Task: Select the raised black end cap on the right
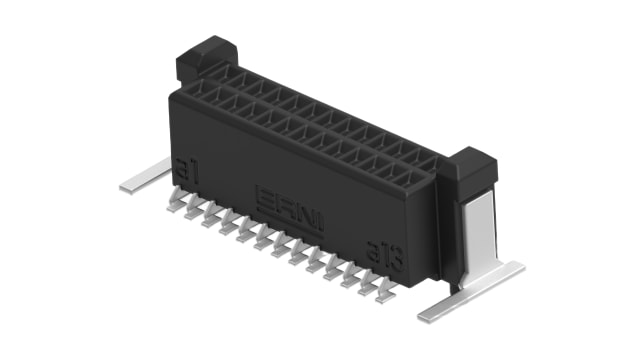coord(470,164)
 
